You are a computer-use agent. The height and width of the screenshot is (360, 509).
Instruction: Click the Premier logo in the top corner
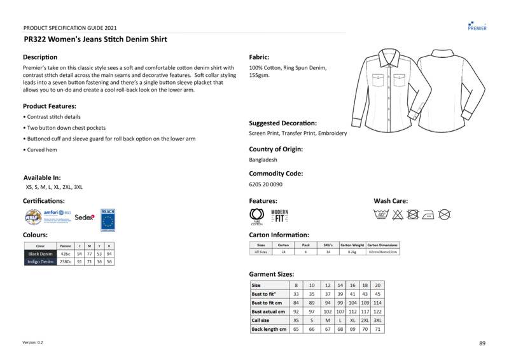[x=477, y=25]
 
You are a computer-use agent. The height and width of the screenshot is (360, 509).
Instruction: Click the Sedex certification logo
[x=85, y=217]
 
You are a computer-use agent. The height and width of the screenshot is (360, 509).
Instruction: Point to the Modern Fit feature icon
[x=280, y=216]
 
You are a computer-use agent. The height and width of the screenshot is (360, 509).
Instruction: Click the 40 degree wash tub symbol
[x=382, y=214]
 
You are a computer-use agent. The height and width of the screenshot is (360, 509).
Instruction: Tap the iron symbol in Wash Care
[x=428, y=215]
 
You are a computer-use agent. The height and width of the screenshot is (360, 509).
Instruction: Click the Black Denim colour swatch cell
[x=40, y=254]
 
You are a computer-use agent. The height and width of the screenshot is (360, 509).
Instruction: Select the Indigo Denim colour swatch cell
[x=40, y=261]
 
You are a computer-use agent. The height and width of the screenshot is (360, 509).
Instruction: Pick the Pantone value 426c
[x=65, y=254]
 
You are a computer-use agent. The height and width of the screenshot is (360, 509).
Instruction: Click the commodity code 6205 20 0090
[x=266, y=184]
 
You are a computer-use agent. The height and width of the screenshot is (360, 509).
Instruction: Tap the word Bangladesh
[x=263, y=160]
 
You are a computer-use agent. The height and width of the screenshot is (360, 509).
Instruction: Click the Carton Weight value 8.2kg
[x=352, y=252]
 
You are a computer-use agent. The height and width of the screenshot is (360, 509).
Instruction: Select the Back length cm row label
[x=269, y=329]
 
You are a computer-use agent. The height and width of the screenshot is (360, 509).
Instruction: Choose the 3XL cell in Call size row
[x=378, y=321]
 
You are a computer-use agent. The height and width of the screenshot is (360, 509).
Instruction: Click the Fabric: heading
[x=259, y=57]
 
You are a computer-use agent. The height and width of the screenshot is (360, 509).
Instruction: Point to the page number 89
[x=482, y=343]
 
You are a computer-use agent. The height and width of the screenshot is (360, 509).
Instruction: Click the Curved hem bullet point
[x=42, y=149]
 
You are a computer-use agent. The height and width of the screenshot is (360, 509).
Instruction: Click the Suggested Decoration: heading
[x=282, y=123]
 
